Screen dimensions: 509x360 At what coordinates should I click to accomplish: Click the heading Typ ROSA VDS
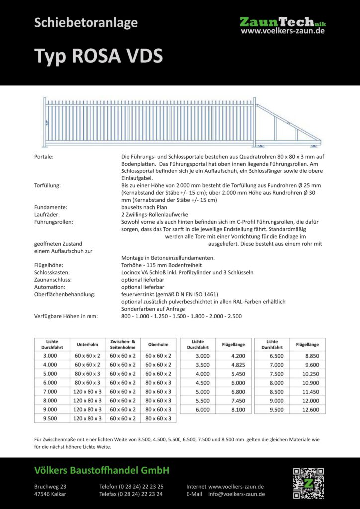click(x=98, y=56)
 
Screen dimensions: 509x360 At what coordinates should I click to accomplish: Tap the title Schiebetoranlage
click(x=86, y=22)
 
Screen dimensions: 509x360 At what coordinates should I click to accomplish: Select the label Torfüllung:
click(x=48, y=185)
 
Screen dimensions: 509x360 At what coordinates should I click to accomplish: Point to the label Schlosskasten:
click(x=52, y=272)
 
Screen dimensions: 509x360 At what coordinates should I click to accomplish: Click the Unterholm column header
click(x=87, y=344)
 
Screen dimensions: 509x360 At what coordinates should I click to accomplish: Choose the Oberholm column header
click(x=158, y=344)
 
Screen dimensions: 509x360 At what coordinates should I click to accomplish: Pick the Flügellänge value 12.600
click(x=308, y=410)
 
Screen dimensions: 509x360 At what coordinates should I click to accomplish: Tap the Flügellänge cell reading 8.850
click(x=308, y=356)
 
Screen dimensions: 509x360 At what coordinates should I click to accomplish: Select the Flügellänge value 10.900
click(x=308, y=383)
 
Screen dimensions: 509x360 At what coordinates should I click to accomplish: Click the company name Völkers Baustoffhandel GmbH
click(x=101, y=470)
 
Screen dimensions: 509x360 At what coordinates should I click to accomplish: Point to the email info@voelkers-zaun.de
click(x=236, y=494)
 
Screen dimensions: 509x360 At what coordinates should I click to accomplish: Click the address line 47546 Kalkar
click(x=50, y=494)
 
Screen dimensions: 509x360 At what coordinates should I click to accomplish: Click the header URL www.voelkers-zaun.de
click(x=282, y=31)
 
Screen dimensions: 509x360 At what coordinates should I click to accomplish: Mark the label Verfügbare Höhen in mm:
click(x=66, y=316)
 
